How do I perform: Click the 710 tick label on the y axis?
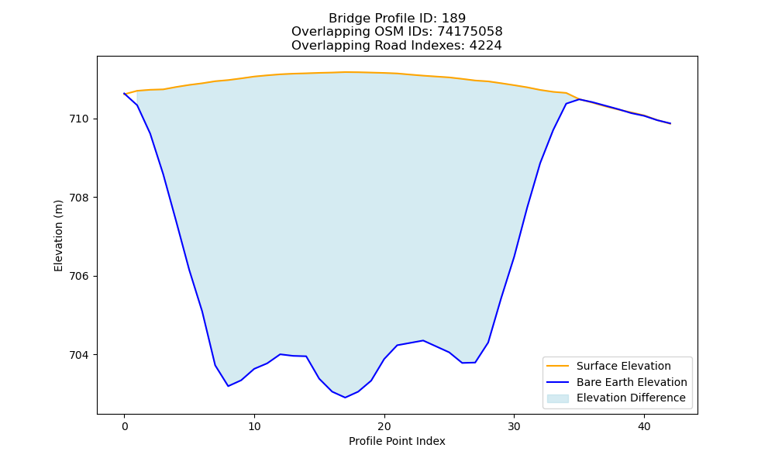[78, 119]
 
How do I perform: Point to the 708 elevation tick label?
[78, 198]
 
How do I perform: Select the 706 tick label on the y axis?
[78, 276]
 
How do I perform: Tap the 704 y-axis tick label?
[78, 355]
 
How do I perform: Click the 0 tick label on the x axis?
[125, 426]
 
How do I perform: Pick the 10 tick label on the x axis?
[254, 426]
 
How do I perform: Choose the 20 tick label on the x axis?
[384, 426]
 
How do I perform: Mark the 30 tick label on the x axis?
[514, 426]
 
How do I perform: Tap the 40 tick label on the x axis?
[644, 426]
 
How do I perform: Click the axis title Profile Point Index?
[397, 441]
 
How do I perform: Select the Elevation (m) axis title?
[58, 236]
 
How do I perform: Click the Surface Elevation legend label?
[623, 366]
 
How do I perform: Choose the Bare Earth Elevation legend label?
[632, 382]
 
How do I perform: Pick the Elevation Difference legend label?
[631, 398]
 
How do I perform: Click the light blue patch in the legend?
[557, 398]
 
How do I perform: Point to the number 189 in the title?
[453, 19]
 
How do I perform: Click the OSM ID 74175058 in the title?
[470, 32]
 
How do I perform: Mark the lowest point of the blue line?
[345, 398]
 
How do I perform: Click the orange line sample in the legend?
[557, 366]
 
